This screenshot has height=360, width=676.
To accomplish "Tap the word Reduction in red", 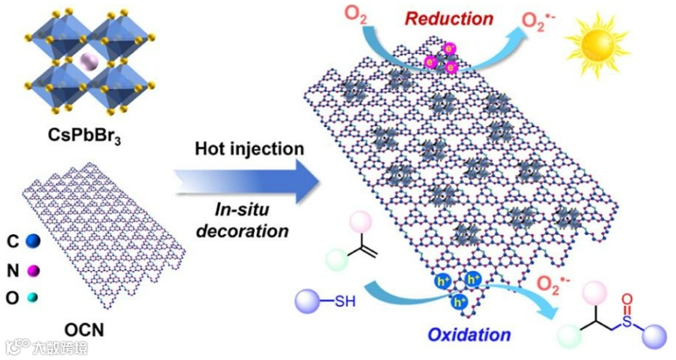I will click(449, 18).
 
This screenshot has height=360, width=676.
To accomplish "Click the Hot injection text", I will click(249, 149).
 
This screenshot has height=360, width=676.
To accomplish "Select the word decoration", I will click(243, 230).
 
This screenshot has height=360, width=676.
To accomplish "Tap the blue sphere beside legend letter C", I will click(34, 242).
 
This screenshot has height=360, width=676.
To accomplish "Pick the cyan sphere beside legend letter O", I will click(31, 299).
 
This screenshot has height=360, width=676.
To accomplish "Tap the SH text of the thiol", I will click(344, 302).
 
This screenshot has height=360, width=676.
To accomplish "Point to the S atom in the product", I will click(627, 325).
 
